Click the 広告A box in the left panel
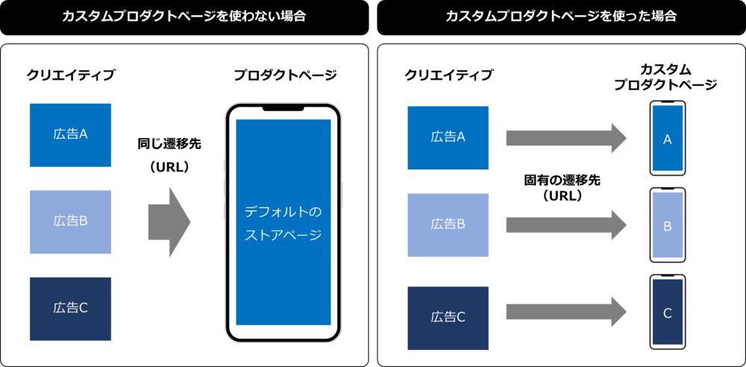pyautogui.click(x=70, y=135)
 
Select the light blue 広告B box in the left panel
pyautogui.click(x=70, y=222)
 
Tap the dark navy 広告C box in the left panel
pyautogui.click(x=70, y=308)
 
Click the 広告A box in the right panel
pyautogui.click(x=448, y=137)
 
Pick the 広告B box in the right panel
pyautogui.click(x=448, y=225)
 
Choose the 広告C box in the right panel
pyautogui.click(x=448, y=318)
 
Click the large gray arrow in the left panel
pyautogui.click(x=170, y=222)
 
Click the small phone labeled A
pyautogui.click(x=668, y=139)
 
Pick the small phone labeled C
pyautogui.click(x=668, y=313)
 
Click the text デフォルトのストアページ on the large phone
pyautogui.click(x=283, y=224)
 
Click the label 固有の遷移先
pyautogui.click(x=562, y=180)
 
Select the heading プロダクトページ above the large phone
pyautogui.click(x=285, y=75)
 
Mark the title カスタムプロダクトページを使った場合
pyautogui.click(x=561, y=16)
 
